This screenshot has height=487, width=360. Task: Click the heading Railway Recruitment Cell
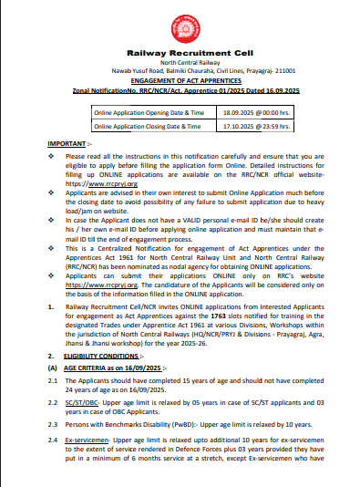click(180, 55)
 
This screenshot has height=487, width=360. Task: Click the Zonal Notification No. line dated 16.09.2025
click(180, 91)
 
